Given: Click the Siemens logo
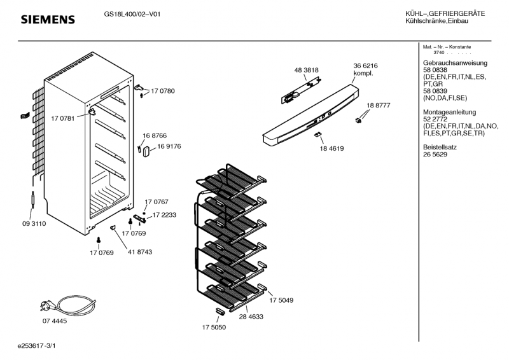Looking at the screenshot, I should coord(48,20).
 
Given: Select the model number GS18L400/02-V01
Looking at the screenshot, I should coord(132,15).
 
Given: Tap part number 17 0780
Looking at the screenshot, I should coord(163,92).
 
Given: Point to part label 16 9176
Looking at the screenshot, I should coord(169,146).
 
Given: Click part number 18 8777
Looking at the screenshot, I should coord(378,105).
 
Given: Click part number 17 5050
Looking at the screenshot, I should coord(214,328).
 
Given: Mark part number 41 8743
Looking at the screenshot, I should coord(140,252).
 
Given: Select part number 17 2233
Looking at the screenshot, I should coord(164,215).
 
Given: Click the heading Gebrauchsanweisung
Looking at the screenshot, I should coord(455,63).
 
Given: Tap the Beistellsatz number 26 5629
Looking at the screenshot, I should coord(435,155).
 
